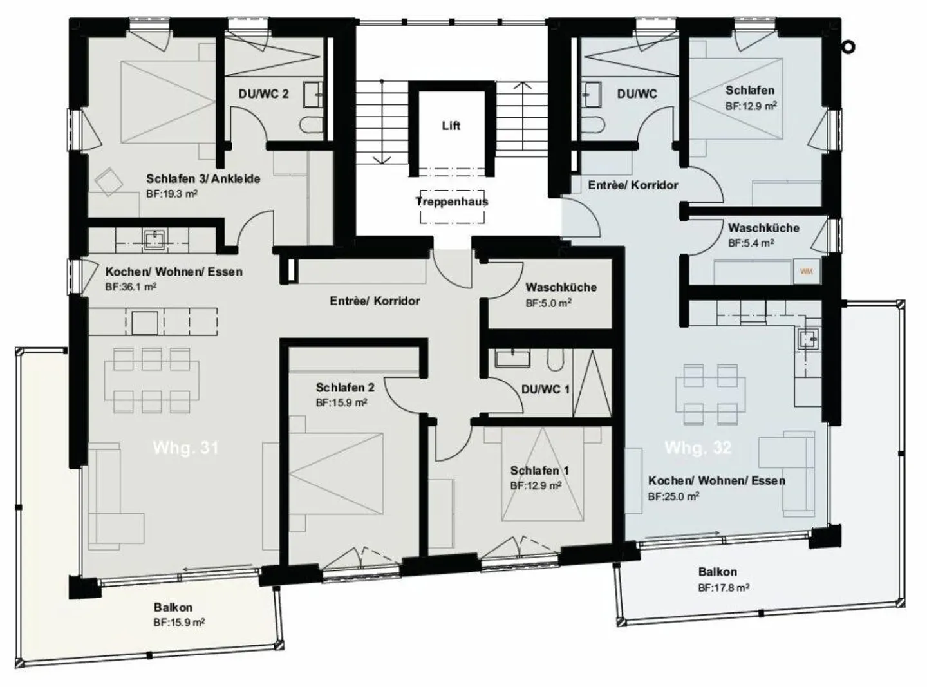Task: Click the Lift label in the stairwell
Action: pos(451,126)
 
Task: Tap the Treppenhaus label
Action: pos(452,202)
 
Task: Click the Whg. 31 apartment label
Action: pos(185,447)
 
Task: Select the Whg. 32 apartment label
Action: pos(698,447)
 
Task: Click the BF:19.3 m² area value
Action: pos(171,193)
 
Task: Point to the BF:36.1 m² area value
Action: pos(131,287)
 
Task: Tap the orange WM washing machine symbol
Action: pos(806,272)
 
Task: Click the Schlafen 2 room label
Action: pos(344,388)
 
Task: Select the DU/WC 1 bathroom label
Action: pos(545,390)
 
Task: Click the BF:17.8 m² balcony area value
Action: pos(724,587)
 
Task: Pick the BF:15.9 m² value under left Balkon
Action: pos(179,623)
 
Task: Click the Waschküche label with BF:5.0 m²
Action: pos(561,287)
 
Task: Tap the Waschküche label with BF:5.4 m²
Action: pos(763,228)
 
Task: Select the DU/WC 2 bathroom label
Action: pos(263,94)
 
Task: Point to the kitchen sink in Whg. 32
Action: pos(809,337)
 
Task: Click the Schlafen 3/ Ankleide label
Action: pos(203,179)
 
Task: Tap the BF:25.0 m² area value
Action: pos(673,496)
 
